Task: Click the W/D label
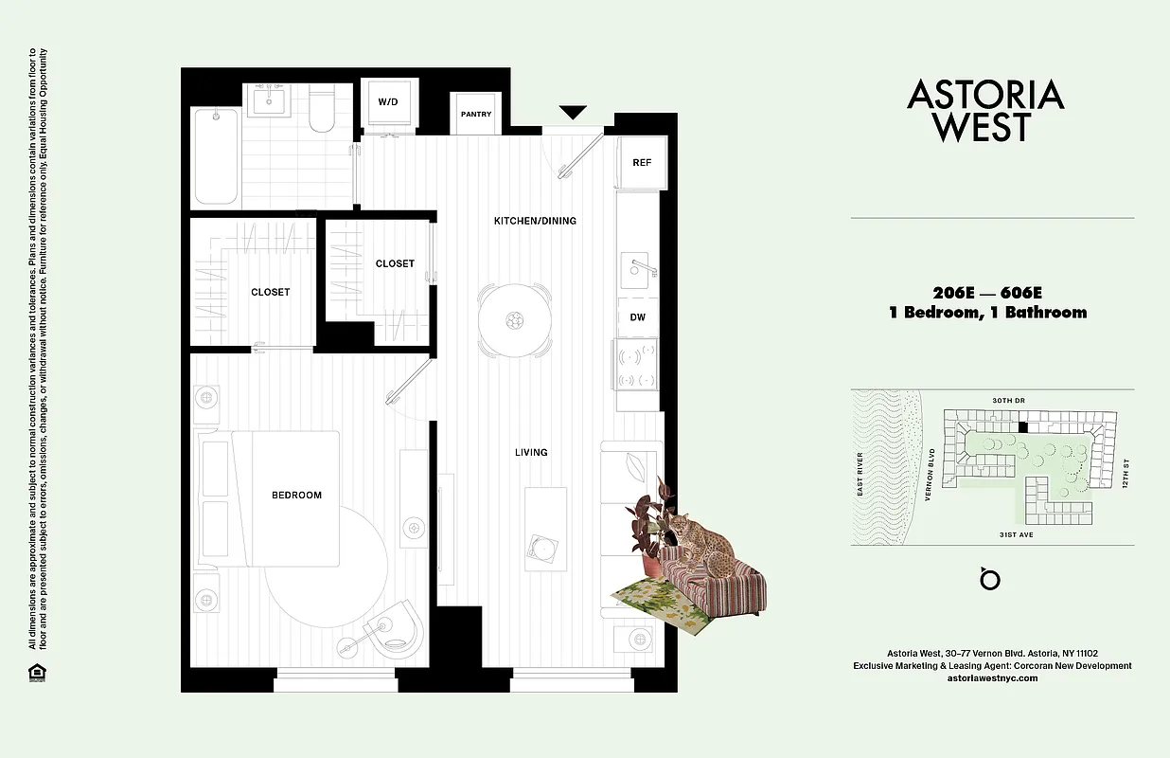coord(388,101)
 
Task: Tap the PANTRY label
coord(476,115)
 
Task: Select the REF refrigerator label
coord(642,163)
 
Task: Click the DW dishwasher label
coord(638,317)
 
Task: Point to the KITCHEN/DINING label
coord(535,221)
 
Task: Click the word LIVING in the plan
coord(531,452)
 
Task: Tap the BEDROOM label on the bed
coord(296,495)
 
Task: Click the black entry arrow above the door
coord(573,113)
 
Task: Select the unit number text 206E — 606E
coord(987,292)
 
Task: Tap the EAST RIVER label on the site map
coord(860,474)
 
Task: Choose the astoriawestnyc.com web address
coord(992,678)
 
